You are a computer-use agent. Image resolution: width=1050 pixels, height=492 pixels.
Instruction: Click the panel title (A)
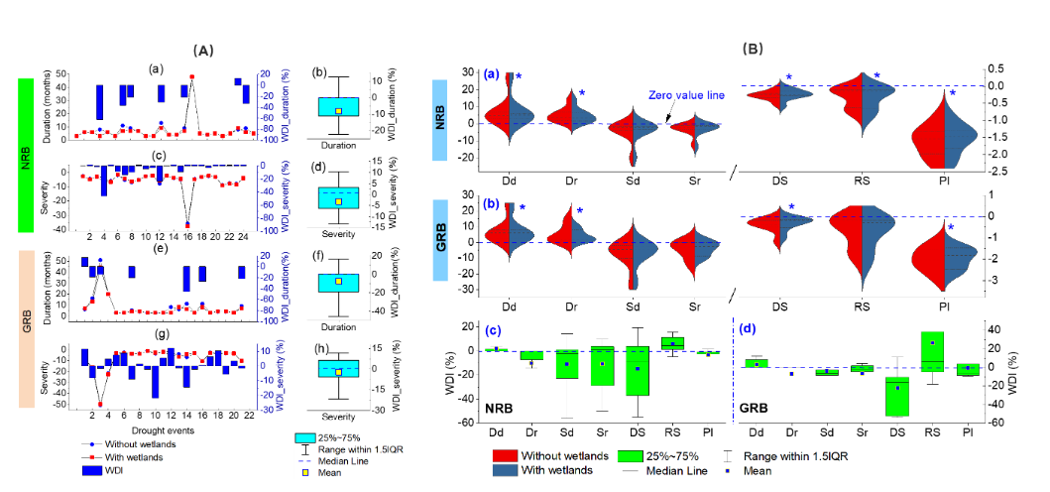pyautogui.click(x=202, y=49)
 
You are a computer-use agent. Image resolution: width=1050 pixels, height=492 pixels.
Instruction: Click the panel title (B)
pyautogui.click(x=753, y=49)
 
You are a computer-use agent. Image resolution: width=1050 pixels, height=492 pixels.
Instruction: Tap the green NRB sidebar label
pyautogui.click(x=26, y=155)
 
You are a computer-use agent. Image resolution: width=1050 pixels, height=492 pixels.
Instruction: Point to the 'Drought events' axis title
pyautogui.click(x=151, y=430)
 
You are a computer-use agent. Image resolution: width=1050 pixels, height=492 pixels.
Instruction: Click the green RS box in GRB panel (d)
pyautogui.click(x=932, y=351)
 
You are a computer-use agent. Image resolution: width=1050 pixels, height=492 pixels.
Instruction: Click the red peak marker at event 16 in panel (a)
pyautogui.click(x=192, y=76)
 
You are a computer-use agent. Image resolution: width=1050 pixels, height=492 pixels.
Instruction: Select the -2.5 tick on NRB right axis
pyautogui.click(x=995, y=173)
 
